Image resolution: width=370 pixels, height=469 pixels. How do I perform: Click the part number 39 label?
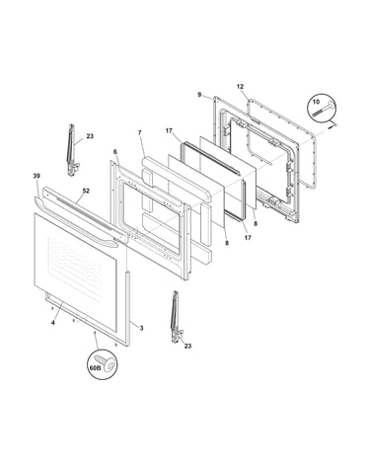pyautogui.click(x=37, y=176)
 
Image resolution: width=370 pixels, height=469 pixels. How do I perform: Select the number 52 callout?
pyautogui.click(x=86, y=191)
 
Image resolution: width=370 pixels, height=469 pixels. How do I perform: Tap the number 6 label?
pyautogui.click(x=114, y=152)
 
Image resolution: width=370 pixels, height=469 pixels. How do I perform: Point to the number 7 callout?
pyautogui.click(x=140, y=132)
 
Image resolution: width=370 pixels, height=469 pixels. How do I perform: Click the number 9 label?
pyautogui.click(x=199, y=95)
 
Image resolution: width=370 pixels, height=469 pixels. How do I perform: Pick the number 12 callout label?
pyautogui.click(x=240, y=87)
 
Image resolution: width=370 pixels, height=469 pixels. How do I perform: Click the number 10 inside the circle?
pyautogui.click(x=316, y=102)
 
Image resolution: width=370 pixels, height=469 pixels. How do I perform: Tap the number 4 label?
pyautogui.click(x=53, y=323)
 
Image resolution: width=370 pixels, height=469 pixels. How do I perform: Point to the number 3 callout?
pyautogui.click(x=141, y=328)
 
